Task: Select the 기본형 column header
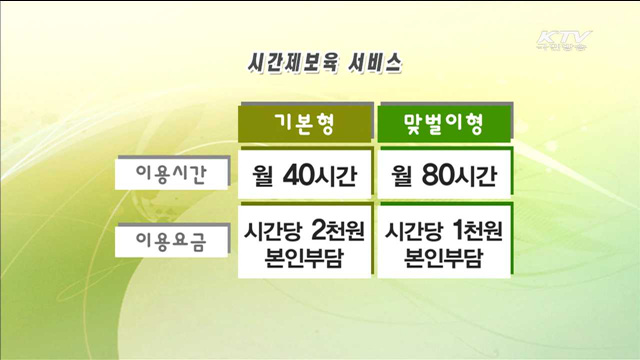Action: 304,125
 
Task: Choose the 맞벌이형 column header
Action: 443,125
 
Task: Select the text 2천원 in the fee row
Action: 336,229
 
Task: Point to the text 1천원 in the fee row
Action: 476,229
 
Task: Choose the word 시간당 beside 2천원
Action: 273,230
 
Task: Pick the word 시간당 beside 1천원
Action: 413,230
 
